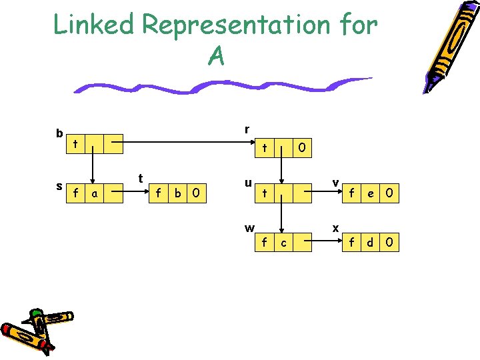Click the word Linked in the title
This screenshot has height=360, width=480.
pyautogui.click(x=94, y=25)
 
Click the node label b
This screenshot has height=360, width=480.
pyautogui.click(x=59, y=133)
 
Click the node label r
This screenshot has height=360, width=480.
pyautogui.click(x=247, y=129)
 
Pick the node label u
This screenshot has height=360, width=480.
pyautogui.click(x=247, y=181)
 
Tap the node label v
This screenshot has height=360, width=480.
pyautogui.click(x=336, y=181)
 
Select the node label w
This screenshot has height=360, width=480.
pyautogui.click(x=249, y=228)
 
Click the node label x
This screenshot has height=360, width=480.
pyautogui.click(x=336, y=228)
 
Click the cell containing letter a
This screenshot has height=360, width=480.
pyautogui.click(x=95, y=194)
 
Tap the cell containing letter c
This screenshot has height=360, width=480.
pyautogui.click(x=284, y=243)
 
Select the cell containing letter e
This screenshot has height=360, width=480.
pyautogui.click(x=371, y=194)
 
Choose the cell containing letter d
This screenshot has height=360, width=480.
pyautogui.click(x=371, y=243)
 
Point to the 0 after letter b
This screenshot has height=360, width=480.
pyautogui.click(x=196, y=194)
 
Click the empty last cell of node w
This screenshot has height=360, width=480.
pyautogui.click(x=302, y=243)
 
